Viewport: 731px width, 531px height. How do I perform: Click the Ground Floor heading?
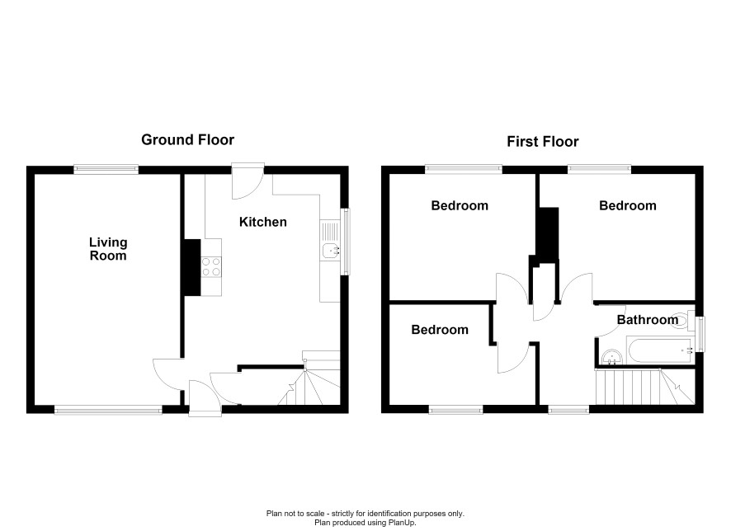coord(187,139)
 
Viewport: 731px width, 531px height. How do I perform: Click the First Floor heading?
coord(543,142)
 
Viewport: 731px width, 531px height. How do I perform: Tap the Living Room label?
coord(108,249)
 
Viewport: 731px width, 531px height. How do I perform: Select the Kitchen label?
coord(263,222)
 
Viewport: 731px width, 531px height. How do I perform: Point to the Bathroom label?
coord(648,320)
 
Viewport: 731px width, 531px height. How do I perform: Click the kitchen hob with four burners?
coord(211,266)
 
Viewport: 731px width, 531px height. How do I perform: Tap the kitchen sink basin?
coord(331,251)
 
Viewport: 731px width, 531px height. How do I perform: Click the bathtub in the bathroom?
coord(660,350)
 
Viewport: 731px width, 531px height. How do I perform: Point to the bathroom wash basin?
coord(611,357)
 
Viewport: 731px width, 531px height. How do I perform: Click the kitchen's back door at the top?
coord(248,181)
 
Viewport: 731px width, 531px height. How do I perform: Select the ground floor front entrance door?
coord(205,398)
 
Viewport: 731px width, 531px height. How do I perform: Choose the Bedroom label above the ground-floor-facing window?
coord(440,330)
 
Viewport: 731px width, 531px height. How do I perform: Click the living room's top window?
coord(106,170)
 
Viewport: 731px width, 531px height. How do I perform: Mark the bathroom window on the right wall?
coord(700,334)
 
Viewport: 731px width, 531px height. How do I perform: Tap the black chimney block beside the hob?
coord(192,267)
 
